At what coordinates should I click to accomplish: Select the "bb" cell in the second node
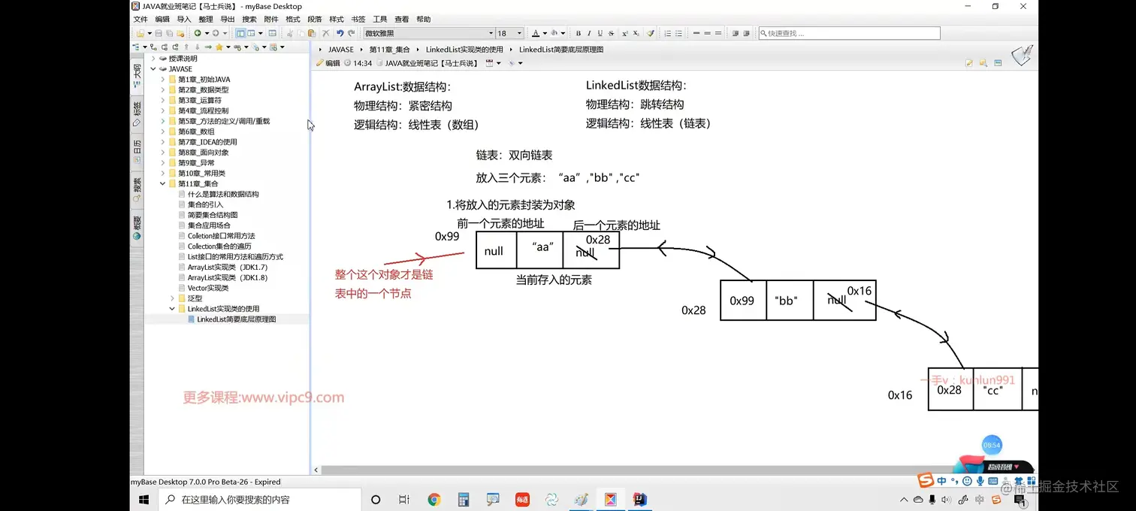point(786,301)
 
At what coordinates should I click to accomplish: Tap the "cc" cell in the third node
point(996,390)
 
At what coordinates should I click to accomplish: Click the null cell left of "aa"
point(494,251)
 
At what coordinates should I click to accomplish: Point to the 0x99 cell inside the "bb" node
point(742,301)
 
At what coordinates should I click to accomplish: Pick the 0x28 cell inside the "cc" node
point(950,390)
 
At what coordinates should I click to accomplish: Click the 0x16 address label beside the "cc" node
point(900,395)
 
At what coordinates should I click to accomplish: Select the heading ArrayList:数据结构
point(402,87)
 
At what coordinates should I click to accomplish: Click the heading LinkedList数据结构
point(636,86)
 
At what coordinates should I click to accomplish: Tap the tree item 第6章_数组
point(196,132)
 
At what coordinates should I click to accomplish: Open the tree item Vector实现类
point(208,288)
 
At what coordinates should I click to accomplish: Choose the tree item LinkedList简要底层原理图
point(236,319)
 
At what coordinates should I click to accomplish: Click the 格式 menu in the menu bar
point(293,20)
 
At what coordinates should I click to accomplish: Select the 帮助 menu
point(424,20)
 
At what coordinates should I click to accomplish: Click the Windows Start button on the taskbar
point(144,500)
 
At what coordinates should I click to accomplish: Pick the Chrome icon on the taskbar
point(434,500)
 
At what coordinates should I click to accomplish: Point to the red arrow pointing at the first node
point(424,258)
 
